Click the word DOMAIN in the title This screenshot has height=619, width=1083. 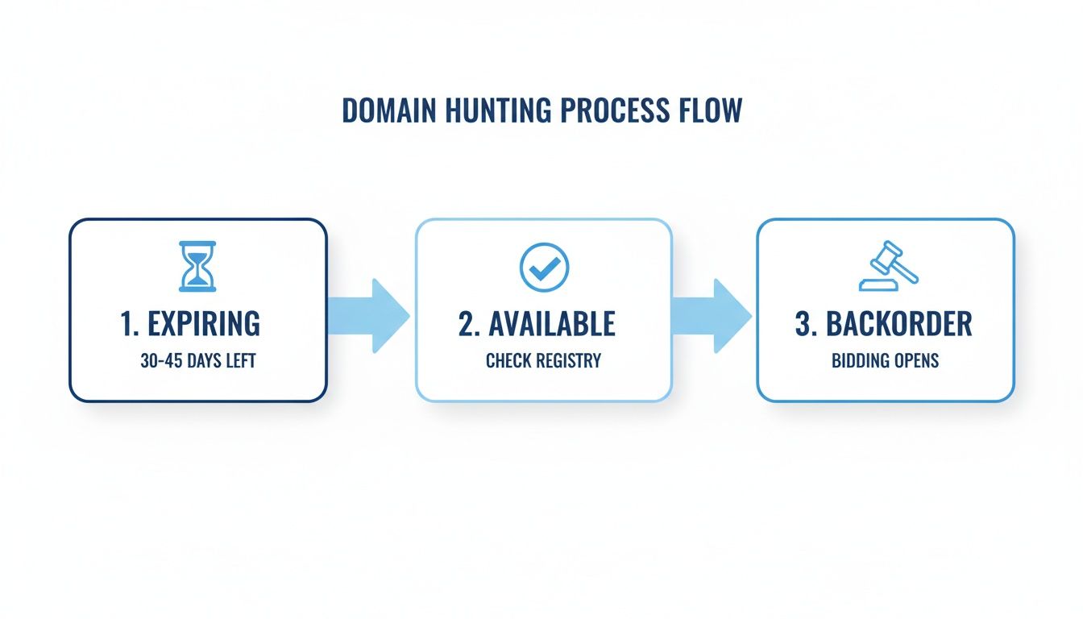pyautogui.click(x=387, y=111)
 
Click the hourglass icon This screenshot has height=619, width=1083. pyautogui.click(x=197, y=265)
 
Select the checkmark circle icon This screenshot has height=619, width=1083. pyautogui.click(x=544, y=267)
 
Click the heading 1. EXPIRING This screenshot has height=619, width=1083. pyautogui.click(x=190, y=323)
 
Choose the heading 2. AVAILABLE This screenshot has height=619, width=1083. pyautogui.click(x=537, y=323)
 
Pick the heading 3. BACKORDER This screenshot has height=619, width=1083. pyautogui.click(x=883, y=323)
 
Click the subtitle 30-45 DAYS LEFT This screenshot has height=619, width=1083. pyautogui.click(x=198, y=360)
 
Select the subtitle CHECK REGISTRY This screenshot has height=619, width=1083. pyautogui.click(x=543, y=360)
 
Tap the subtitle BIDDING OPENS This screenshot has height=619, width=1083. pyautogui.click(x=885, y=360)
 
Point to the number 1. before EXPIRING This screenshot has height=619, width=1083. pyautogui.click(x=129, y=323)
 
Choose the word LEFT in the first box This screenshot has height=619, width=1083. pyautogui.click(x=241, y=360)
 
